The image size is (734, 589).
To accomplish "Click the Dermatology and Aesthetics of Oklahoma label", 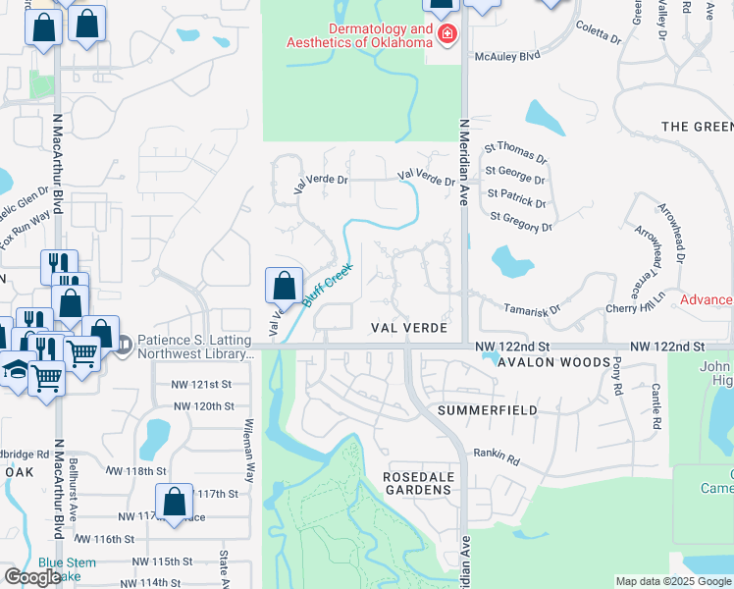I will coord(359,35).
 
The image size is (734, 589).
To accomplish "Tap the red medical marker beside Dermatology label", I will coord(446,35).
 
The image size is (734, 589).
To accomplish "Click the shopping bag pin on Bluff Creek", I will coord(284,286).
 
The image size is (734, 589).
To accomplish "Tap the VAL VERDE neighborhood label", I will coord(409,328).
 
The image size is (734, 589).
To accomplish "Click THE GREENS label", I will coord(698,128).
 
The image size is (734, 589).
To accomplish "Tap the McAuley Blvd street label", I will coord(508,57).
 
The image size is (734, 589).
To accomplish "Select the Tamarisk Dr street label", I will coord(532,308).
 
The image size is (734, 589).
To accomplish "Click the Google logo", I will coord(31,577).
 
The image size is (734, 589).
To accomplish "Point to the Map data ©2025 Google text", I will coord(672,581).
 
